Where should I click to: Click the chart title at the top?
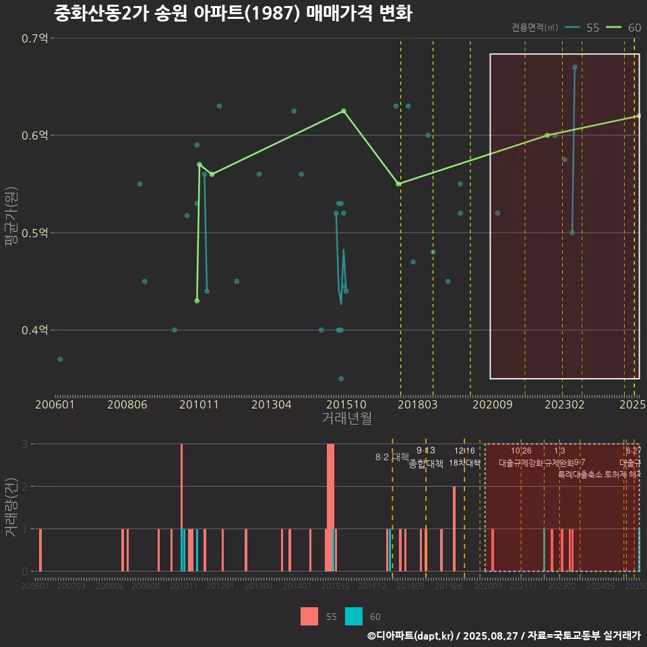click(x=233, y=13)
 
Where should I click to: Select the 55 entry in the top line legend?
click(x=583, y=28)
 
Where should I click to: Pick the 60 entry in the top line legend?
click(x=625, y=28)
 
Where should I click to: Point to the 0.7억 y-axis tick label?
click(x=35, y=38)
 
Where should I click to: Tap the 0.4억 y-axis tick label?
click(x=35, y=330)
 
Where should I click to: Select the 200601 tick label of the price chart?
click(x=55, y=404)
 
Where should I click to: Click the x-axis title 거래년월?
click(x=346, y=419)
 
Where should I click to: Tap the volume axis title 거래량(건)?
click(x=11, y=507)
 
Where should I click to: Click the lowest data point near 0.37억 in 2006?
click(x=60, y=359)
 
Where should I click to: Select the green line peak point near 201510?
click(x=343, y=111)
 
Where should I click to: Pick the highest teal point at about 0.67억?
click(x=574, y=67)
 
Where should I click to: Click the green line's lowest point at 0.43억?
click(x=197, y=301)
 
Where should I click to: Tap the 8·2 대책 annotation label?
click(x=392, y=457)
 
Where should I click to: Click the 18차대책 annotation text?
click(x=464, y=463)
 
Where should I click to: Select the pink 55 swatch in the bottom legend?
click(x=309, y=617)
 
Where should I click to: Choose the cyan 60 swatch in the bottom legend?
click(x=353, y=617)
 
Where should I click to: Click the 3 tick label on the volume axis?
click(x=25, y=444)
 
